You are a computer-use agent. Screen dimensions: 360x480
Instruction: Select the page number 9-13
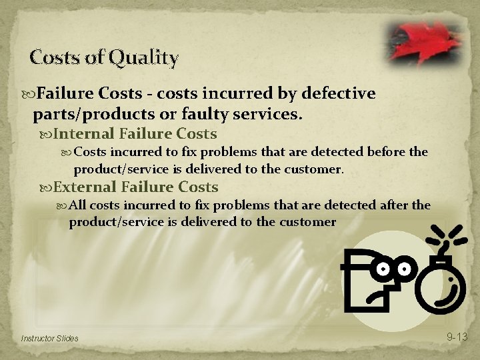click(457, 337)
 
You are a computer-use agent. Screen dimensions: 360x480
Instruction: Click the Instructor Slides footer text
click(49, 339)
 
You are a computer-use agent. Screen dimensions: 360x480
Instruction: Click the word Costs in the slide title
click(55, 58)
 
